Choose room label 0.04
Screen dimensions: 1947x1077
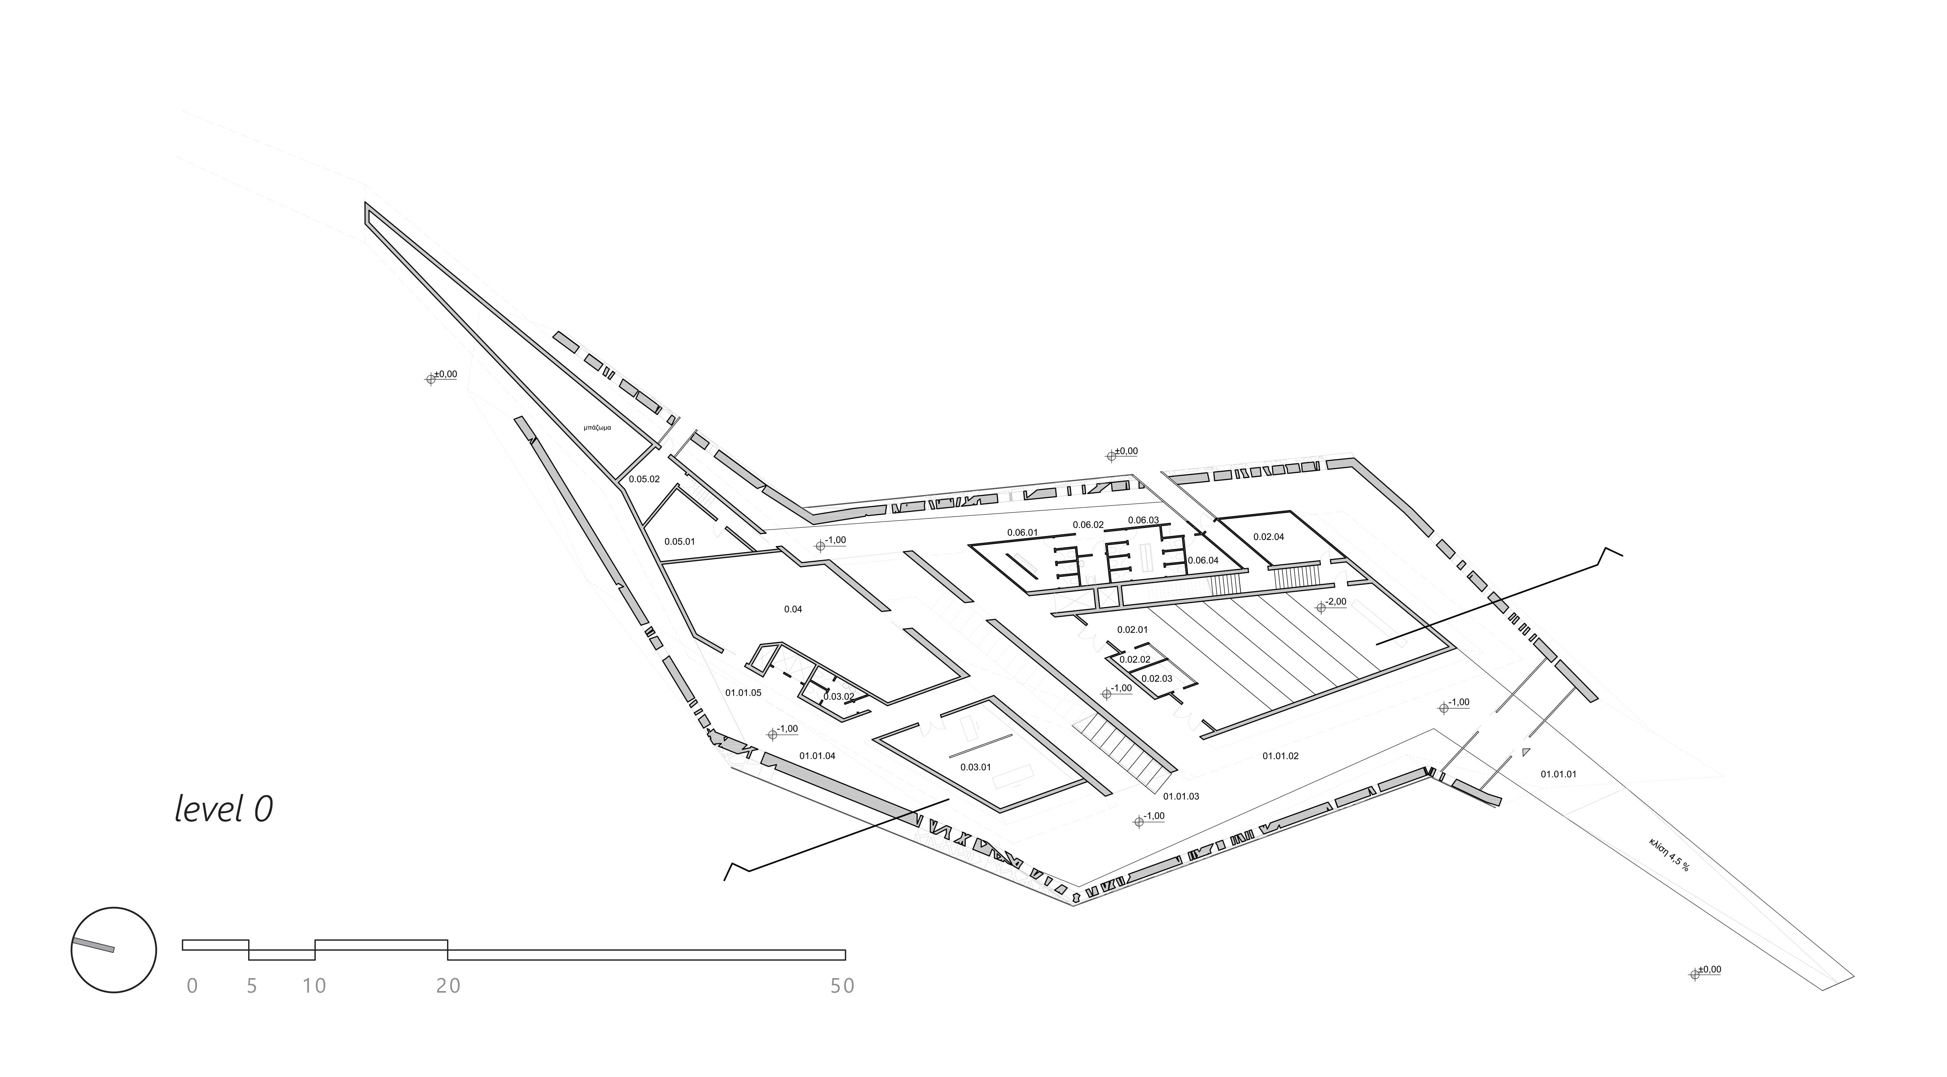click(793, 609)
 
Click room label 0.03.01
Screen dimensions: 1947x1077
click(975, 767)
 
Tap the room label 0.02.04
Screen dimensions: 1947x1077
click(1268, 538)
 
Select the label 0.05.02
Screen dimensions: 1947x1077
click(644, 479)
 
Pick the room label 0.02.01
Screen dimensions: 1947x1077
click(1132, 630)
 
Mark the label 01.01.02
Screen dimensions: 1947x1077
click(1280, 756)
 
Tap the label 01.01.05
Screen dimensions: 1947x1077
click(743, 692)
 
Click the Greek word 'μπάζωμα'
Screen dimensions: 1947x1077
click(597, 428)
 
